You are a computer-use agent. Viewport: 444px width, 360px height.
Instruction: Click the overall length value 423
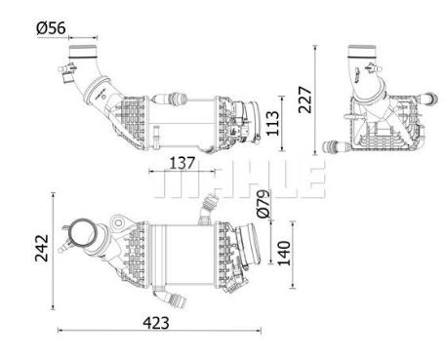pos(156,321)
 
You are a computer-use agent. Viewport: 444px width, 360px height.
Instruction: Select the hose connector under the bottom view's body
pos(174,298)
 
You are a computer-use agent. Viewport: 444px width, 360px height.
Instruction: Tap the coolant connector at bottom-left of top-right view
pos(335,148)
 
